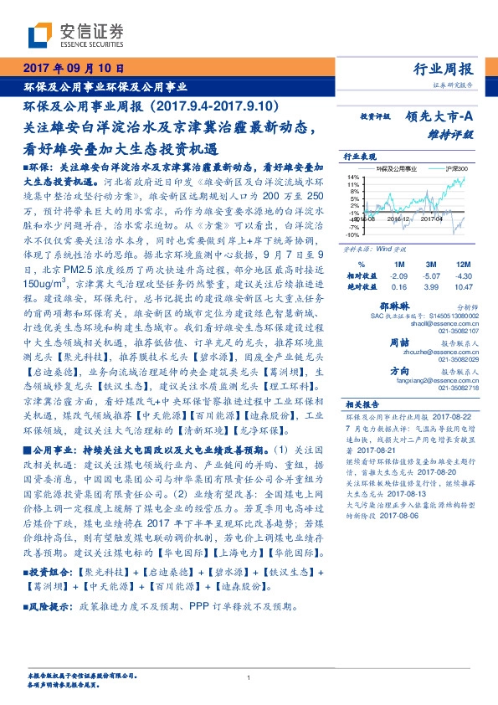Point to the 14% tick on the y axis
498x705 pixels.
point(354,178)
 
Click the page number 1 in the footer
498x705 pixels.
point(249,677)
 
